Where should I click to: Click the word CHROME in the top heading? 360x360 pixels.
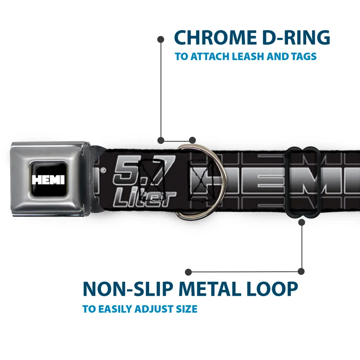215,38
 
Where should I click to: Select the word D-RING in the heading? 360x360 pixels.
296,38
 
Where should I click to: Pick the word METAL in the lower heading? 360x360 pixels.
210,289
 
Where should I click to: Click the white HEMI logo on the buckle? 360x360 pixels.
48,180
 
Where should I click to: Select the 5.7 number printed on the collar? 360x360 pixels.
144,170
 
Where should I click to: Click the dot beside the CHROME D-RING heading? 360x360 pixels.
161,39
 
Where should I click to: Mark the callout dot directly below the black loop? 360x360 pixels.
301,222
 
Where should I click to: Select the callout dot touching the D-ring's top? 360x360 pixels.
192,140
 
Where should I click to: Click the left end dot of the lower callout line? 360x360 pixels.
188,272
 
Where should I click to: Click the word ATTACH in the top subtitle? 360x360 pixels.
210,56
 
